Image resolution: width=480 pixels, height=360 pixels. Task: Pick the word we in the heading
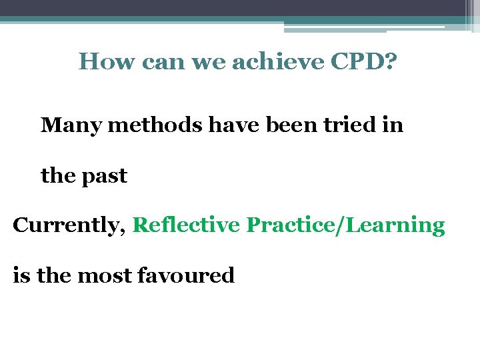click(x=200, y=61)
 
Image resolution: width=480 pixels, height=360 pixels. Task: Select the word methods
click(x=154, y=125)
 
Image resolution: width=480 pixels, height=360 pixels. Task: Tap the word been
click(x=291, y=125)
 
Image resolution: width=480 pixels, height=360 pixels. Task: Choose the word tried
click(x=353, y=125)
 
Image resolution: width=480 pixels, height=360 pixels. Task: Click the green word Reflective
click(x=186, y=225)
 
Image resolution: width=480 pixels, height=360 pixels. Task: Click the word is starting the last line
click(x=21, y=275)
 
